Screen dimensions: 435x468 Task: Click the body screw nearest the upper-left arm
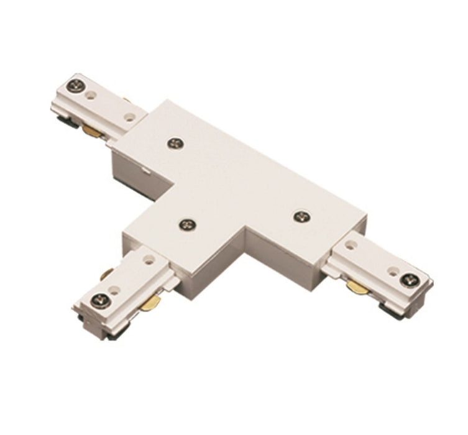tap(175, 144)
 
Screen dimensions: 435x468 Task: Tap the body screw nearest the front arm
tap(186, 225)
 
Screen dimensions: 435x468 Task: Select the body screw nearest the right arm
tap(301, 216)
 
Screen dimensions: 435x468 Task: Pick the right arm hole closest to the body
tap(352, 245)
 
